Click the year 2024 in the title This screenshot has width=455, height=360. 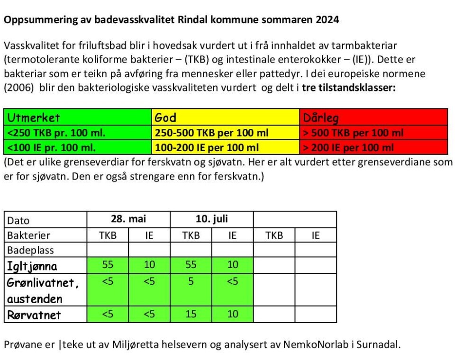327,20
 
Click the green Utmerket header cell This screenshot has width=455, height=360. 78,117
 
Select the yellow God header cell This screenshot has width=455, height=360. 226,117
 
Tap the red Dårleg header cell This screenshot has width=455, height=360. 373,117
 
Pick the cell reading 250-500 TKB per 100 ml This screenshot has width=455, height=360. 226,133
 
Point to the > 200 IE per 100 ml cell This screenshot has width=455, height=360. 373,148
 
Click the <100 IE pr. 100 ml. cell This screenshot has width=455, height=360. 78,148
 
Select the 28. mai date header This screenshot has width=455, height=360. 128,219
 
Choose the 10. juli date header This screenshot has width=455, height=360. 212,219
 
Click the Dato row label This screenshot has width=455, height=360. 18,220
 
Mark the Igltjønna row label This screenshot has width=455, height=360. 32,266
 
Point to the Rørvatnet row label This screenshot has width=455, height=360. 34,315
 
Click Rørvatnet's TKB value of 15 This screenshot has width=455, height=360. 191,314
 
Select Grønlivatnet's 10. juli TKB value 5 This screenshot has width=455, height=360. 191,281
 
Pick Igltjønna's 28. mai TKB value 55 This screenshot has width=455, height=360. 108,265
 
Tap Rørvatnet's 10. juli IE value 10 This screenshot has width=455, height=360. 232,314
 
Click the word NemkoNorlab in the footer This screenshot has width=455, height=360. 311,345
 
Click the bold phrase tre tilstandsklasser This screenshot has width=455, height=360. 349,88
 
